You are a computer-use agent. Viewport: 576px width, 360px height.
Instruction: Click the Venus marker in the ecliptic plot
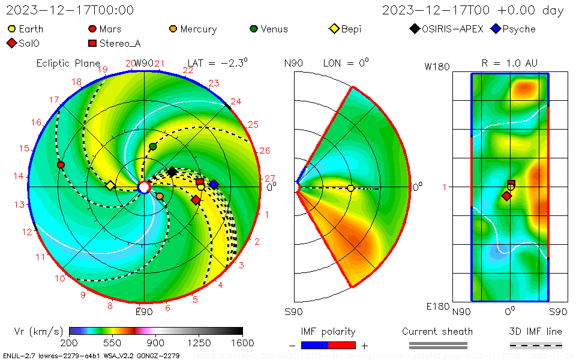click(152, 146)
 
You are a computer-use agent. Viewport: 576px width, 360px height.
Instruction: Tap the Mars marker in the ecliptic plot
click(61, 164)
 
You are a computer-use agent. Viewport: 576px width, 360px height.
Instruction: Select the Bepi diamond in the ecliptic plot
click(110, 186)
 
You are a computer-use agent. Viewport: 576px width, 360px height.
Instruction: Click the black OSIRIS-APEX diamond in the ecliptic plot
click(172, 172)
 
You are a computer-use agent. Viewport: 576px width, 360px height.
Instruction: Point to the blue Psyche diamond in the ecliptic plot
click(214, 184)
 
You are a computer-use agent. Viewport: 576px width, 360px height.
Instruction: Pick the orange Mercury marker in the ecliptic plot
click(160, 196)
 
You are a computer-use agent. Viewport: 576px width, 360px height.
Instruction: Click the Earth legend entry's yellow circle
click(11, 29)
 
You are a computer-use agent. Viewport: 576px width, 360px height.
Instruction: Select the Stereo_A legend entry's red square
click(92, 43)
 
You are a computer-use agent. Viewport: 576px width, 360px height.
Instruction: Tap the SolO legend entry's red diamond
click(11, 43)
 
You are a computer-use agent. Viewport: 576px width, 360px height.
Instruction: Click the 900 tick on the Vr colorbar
click(156, 331)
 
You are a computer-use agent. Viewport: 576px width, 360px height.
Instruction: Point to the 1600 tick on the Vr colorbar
click(242, 331)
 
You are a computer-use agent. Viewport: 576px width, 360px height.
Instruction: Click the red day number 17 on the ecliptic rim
click(55, 100)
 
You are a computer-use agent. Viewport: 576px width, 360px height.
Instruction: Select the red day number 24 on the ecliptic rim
click(236, 101)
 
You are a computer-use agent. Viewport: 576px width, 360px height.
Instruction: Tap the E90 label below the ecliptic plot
click(144, 311)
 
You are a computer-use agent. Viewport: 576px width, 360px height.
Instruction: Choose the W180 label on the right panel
click(437, 67)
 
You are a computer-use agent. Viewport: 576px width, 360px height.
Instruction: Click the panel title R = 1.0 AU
click(509, 63)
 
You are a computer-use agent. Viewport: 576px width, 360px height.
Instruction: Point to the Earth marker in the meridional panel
click(350, 188)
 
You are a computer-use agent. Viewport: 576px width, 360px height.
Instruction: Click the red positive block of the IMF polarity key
click(342, 345)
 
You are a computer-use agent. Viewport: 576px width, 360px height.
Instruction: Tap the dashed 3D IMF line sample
click(536, 345)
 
